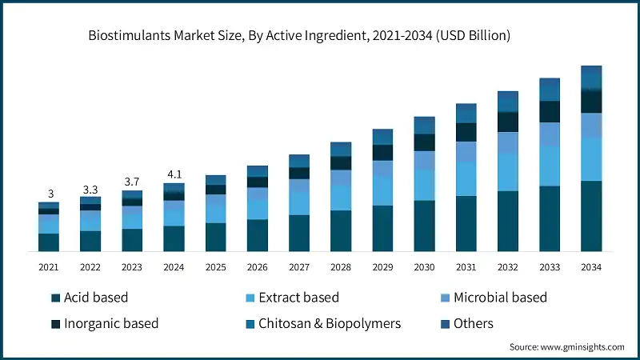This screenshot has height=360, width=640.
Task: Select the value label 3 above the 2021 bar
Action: tap(50, 194)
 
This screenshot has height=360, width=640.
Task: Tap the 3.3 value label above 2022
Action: tap(90, 189)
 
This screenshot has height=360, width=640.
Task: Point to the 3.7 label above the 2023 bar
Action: tap(132, 182)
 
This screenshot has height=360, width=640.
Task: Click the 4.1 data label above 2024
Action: tap(174, 174)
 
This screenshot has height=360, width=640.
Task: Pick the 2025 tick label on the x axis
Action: tap(215, 266)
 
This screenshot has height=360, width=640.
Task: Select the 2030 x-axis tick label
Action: tap(424, 266)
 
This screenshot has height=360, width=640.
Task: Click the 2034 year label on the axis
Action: tap(590, 266)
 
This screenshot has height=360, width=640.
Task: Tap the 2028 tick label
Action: tap(341, 266)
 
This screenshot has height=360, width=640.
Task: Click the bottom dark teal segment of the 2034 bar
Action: tap(590, 216)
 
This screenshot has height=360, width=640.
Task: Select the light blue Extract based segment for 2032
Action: tap(507, 172)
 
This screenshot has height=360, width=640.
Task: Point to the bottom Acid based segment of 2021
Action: tap(50, 242)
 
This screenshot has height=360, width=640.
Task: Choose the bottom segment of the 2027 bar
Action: tap(299, 233)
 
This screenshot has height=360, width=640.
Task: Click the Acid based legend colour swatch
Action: tap(56, 298)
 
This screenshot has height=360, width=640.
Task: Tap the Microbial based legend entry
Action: tap(500, 298)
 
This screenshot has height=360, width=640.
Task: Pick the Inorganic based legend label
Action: tap(110, 323)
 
